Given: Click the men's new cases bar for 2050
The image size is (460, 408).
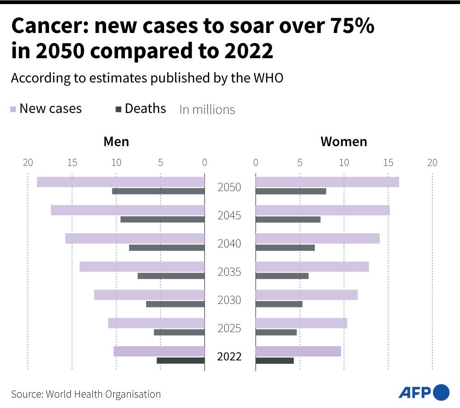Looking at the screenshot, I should [120, 182].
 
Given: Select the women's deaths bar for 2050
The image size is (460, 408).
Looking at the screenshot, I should [290, 191].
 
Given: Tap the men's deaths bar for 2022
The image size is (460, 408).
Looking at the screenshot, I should [180, 361].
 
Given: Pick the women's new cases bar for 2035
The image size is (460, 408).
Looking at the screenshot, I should [312, 267].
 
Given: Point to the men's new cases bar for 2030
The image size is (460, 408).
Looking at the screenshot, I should [149, 295].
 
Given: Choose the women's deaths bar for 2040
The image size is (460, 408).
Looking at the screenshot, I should [285, 248].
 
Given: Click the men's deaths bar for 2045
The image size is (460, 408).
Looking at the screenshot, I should [162, 219].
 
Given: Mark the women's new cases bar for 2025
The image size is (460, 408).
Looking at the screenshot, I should [301, 323].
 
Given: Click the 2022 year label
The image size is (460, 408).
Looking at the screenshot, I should [230, 357].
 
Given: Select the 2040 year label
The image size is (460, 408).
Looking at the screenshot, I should [230, 244].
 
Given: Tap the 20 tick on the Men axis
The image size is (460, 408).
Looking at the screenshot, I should [28, 163].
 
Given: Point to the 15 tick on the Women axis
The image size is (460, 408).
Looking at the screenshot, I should [388, 163].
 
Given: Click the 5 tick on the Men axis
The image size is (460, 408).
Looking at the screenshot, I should [161, 163].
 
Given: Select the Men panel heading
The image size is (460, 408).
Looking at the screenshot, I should [116, 142].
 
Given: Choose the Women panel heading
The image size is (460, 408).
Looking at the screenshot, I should [344, 142].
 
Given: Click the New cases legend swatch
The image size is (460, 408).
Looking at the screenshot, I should [14, 109].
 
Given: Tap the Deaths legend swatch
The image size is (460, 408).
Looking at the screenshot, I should [119, 109].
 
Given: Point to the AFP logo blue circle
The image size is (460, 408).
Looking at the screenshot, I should [441, 392].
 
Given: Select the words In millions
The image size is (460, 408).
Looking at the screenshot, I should [207, 110].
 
